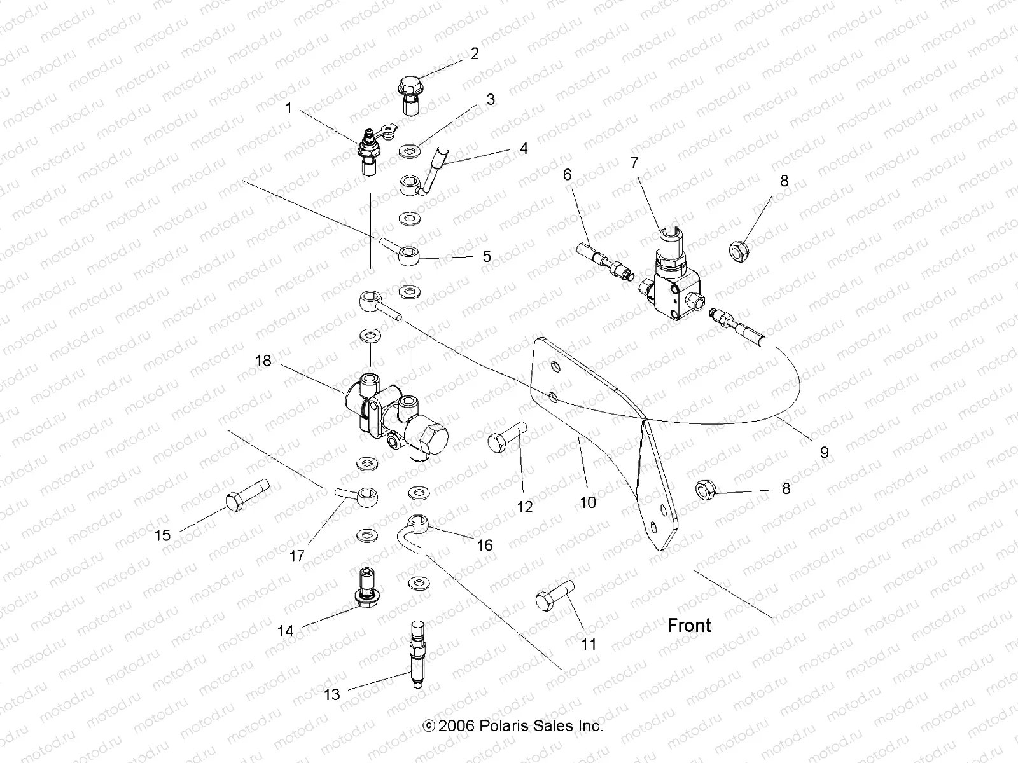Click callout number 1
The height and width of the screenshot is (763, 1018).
(x=288, y=108)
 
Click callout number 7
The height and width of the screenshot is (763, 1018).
(x=634, y=163)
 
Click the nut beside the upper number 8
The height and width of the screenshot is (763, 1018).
(x=737, y=249)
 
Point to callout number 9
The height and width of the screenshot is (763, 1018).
(x=824, y=452)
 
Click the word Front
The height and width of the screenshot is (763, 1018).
(x=688, y=625)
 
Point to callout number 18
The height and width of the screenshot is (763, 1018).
(x=263, y=361)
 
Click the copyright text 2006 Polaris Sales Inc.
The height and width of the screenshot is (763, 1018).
(x=513, y=725)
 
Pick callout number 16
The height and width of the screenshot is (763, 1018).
(x=484, y=545)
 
